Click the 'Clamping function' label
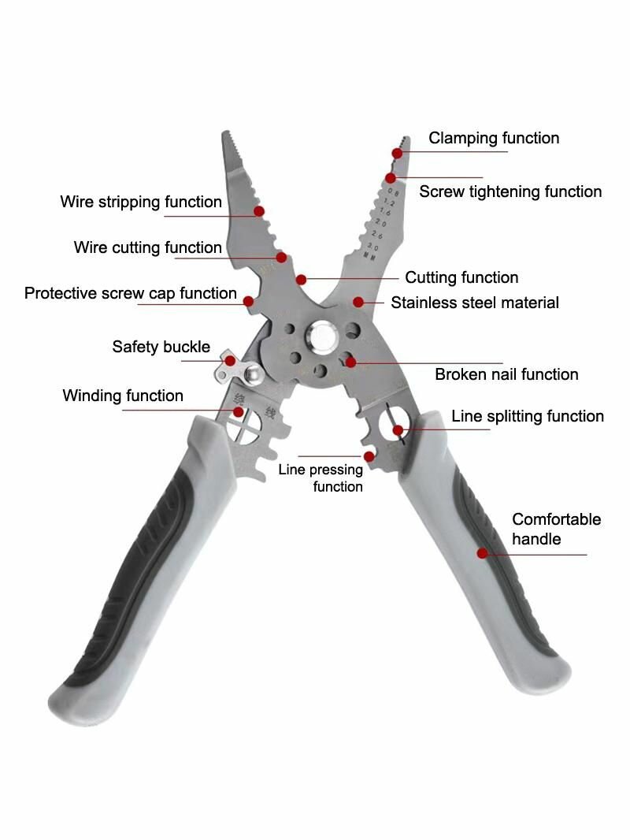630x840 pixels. pos(494,138)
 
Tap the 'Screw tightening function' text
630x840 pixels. pos(510,191)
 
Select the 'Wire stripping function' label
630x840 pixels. pos(141,202)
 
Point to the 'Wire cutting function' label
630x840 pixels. pos(148,247)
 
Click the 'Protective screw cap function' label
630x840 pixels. pos(131,294)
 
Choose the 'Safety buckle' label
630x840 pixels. pos(161,347)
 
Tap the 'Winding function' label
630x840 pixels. pos(123,396)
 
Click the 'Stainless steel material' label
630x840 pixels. pos(475,303)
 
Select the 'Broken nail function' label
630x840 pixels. pos(506,374)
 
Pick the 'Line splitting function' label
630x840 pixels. pos(527,416)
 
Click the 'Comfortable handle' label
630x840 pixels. pos(556,529)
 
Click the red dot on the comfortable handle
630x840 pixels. pos(482,553)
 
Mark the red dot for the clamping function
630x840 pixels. pos(397,154)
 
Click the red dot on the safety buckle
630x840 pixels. pos(230,361)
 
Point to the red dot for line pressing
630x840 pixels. pos(369,456)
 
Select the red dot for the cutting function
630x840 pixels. pos(302,280)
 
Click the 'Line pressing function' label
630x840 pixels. pos(321,478)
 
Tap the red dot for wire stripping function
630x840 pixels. pos(259,212)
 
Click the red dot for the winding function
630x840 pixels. pos(238,412)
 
